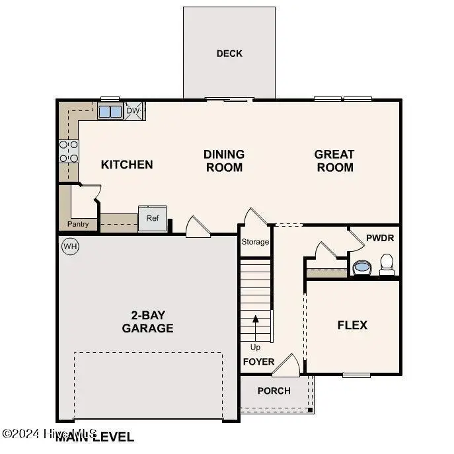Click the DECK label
click(x=229, y=54)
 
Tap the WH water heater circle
click(x=69, y=246)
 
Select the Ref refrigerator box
click(x=152, y=219)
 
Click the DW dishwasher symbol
click(x=134, y=111)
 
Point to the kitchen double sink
click(x=110, y=111)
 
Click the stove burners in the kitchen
click(x=69, y=151)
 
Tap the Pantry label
click(x=78, y=224)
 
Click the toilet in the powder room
click(x=387, y=264)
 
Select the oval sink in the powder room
click(x=361, y=268)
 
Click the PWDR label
click(x=379, y=237)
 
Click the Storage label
click(x=255, y=242)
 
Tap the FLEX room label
click(x=352, y=325)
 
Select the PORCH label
click(x=274, y=391)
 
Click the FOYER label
click(x=258, y=361)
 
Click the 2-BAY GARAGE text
click(x=147, y=321)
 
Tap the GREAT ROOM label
click(x=334, y=161)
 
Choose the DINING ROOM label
click(x=224, y=161)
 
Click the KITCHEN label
click(x=127, y=165)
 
